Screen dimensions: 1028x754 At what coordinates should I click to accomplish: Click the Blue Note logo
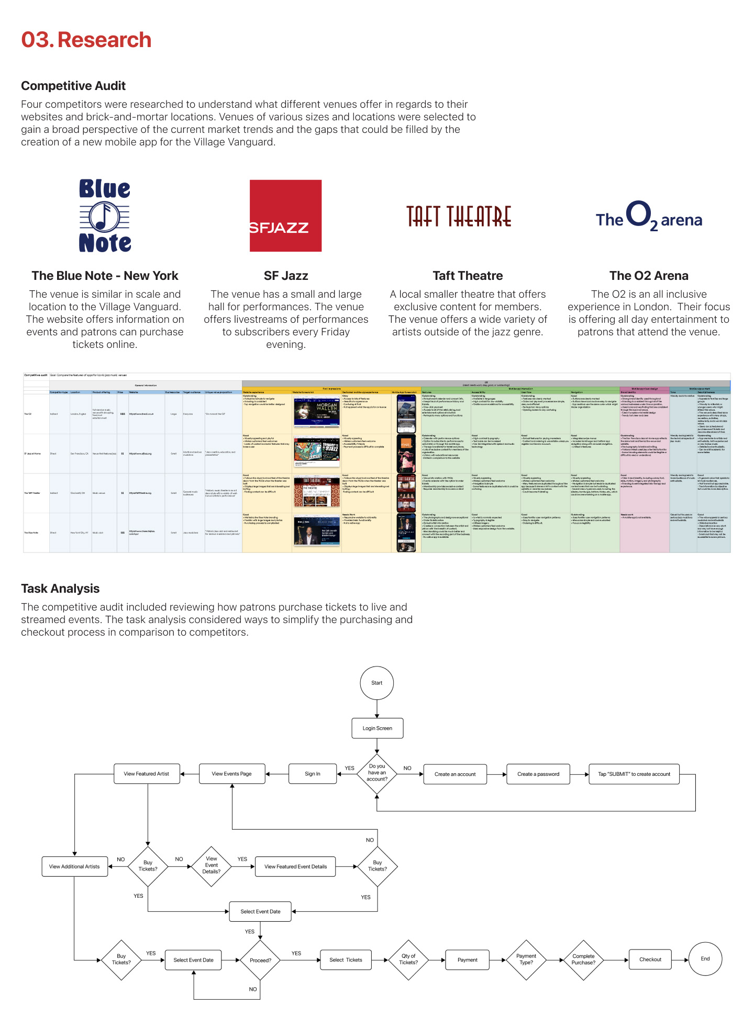[105, 216]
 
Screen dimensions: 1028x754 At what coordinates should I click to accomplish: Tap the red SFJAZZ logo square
[285, 216]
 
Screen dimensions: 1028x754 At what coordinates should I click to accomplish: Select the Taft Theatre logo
[459, 216]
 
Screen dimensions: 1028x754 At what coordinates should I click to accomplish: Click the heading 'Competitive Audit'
[73, 86]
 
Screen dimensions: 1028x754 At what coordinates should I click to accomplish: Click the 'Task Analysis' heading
[60, 589]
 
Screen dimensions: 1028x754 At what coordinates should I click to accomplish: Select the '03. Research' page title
[86, 40]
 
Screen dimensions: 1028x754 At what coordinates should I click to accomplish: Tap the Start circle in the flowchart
[376, 683]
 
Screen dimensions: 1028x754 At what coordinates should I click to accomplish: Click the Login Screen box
[377, 728]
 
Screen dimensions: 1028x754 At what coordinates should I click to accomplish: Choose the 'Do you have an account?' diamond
[377, 773]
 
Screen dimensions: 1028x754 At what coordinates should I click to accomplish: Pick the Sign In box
[313, 774]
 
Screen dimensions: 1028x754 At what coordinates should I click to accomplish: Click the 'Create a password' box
[538, 774]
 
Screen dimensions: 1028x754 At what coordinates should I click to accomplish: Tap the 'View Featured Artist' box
[147, 774]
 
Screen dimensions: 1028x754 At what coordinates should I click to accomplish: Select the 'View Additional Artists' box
[74, 866]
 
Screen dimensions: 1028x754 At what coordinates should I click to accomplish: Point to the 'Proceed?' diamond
[260, 960]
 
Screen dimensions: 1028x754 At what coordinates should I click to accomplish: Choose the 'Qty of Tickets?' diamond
[408, 959]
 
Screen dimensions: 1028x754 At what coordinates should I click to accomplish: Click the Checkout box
[650, 959]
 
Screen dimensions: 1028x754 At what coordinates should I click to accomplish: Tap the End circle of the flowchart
[705, 959]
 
